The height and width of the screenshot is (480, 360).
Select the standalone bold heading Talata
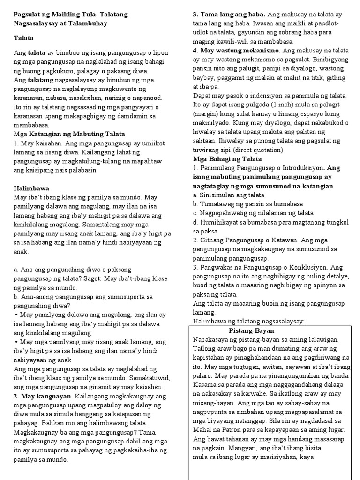pos(23,38)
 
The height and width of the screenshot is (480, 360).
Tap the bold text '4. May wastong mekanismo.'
pos(236,50)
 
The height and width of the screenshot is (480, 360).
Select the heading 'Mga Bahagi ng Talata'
pos(227,159)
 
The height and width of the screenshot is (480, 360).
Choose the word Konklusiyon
pos(307,267)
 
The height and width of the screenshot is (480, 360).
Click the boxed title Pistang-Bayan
pos(251,330)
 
